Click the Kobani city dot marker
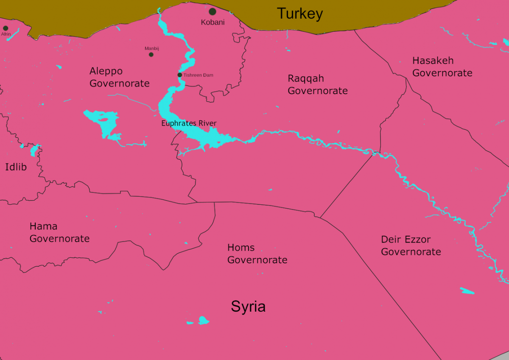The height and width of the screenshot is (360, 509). pos(213,12)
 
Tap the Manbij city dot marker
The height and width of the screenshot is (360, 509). pos(151,54)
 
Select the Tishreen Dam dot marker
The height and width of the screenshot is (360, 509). pos(180,75)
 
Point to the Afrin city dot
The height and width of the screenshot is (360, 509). pos(6,28)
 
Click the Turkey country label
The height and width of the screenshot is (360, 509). pos(300,14)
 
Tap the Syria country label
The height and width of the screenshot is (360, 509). pos(248,306)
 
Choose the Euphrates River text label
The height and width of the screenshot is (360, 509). pos(189,123)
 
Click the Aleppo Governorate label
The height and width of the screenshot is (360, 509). pos(119,77)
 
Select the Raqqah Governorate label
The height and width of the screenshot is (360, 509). pos(317,84)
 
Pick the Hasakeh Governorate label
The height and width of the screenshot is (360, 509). pos(442,67)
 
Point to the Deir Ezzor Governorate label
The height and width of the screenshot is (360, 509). pos(411,246)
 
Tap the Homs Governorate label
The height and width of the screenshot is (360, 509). pos(257,254)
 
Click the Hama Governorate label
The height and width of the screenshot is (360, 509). pos(59,232)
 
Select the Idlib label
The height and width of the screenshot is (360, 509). pos(16,167)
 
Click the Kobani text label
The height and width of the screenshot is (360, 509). pos(213,22)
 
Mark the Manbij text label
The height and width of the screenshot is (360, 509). pos(151,48)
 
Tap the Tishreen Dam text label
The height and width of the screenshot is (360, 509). pos(198,75)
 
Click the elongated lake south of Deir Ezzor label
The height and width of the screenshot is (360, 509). pos(467,291)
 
